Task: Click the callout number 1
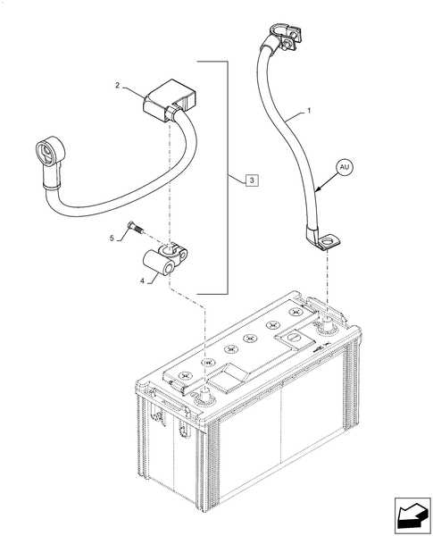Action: click(308, 111)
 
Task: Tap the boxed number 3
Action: click(254, 180)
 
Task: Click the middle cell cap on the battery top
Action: click(252, 339)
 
